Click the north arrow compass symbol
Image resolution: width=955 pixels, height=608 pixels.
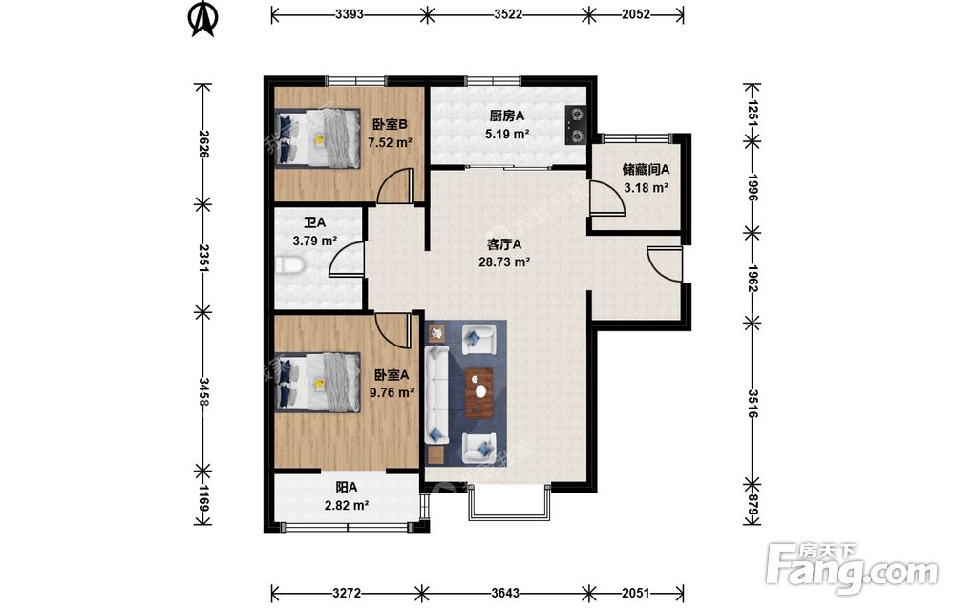pyautogui.click(x=202, y=19)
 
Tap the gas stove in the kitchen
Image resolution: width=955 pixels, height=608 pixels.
pyautogui.click(x=576, y=125)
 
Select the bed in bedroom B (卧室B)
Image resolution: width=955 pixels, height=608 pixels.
pyautogui.click(x=317, y=137)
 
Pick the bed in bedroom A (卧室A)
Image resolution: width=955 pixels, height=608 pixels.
pyautogui.click(x=317, y=382)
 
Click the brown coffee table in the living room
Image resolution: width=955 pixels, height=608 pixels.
pyautogui.click(x=480, y=392)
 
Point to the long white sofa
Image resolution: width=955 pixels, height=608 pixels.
pyautogui.click(x=436, y=395)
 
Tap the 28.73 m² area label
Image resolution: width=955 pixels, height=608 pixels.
pyautogui.click(x=503, y=262)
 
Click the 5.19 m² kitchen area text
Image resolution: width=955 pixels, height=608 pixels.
pyautogui.click(x=507, y=134)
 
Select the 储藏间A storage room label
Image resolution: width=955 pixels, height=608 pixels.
pyautogui.click(x=646, y=170)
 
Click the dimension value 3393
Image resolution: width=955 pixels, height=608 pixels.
pyautogui.click(x=349, y=14)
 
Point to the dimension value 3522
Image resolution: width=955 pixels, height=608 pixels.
pyautogui.click(x=508, y=14)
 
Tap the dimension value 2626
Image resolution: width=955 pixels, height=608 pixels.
pyautogui.click(x=203, y=144)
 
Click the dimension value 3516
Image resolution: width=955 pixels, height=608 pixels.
pyautogui.click(x=753, y=403)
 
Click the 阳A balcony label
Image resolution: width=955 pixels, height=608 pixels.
pyautogui.click(x=346, y=488)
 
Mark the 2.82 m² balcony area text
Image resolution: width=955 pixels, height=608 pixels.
pyautogui.click(x=346, y=505)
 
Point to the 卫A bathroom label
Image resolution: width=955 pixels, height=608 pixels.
pyautogui.click(x=315, y=223)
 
